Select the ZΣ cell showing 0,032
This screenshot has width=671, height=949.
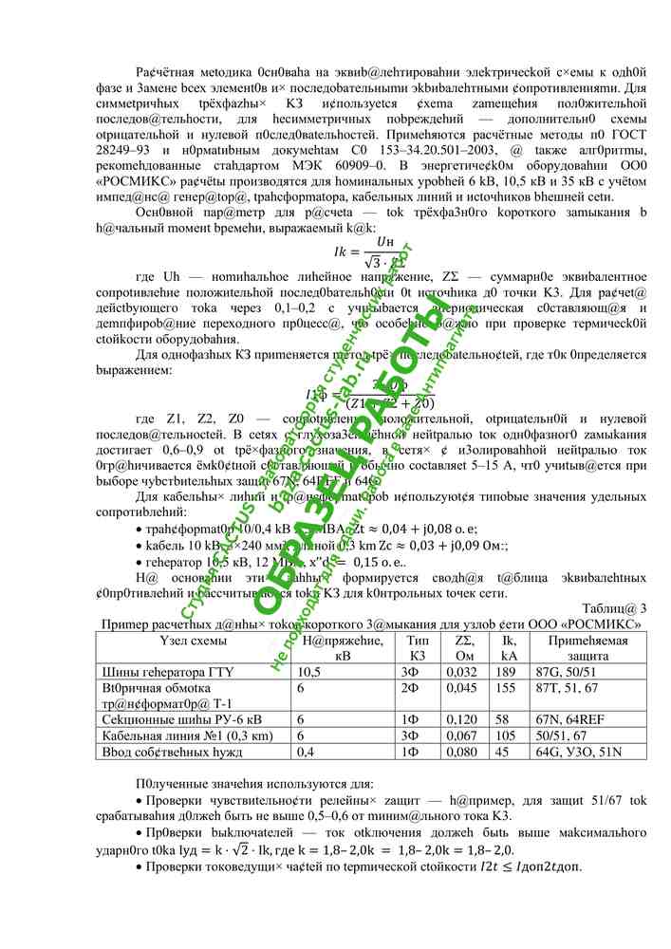pos(461,672)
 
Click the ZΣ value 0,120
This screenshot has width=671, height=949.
pos(461,719)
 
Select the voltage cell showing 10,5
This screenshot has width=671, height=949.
pos(310,672)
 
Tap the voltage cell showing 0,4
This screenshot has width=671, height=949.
pos(306,752)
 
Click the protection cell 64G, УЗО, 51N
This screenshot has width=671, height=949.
pos(582,752)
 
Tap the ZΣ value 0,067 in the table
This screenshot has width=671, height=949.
pos(461,735)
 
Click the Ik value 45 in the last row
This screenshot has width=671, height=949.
pos(508,752)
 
